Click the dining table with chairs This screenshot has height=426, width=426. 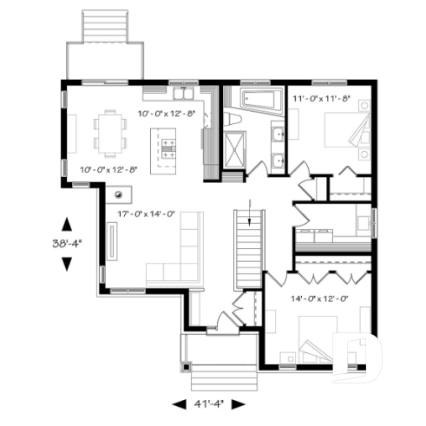point(110,132)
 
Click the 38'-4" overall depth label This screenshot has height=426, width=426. point(67,245)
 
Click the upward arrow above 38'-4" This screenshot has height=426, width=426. point(67,222)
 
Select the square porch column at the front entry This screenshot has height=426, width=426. point(185,366)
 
